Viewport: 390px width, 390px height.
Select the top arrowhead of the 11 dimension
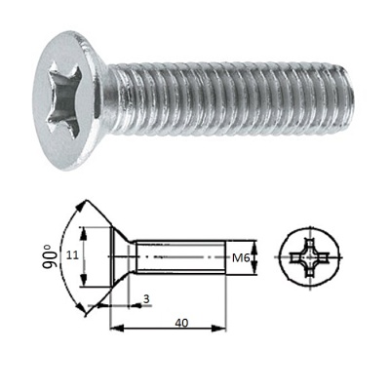point(86,231)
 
